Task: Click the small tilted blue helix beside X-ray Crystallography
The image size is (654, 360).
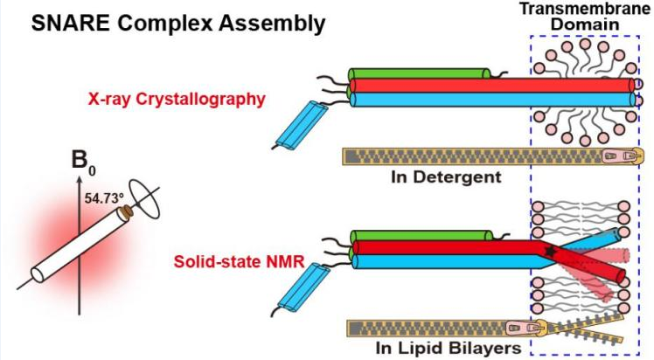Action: point(298,124)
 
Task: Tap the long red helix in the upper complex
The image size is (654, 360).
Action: point(437,86)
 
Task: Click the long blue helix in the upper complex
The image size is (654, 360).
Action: point(437,99)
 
